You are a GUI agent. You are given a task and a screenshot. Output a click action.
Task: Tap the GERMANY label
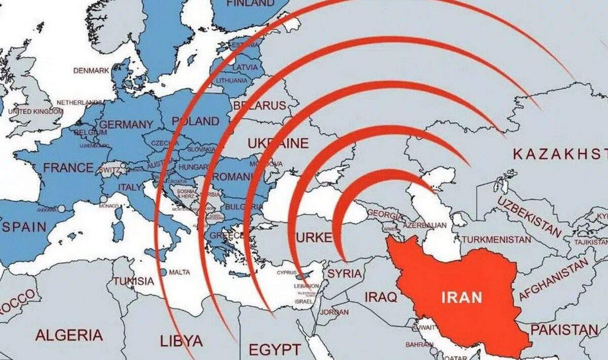[x=126, y=125]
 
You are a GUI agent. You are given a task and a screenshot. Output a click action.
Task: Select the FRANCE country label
[x=68, y=167]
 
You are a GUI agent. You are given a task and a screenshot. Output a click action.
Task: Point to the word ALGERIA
[x=69, y=335]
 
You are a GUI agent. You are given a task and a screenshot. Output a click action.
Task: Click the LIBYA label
[x=181, y=340]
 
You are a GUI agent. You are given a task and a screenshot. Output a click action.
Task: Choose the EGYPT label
[x=275, y=349]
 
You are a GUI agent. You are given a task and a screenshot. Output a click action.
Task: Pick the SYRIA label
[x=345, y=274]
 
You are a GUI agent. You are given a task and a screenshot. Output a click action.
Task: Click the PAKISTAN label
[x=564, y=331]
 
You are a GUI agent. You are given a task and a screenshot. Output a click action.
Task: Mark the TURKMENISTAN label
[x=497, y=239]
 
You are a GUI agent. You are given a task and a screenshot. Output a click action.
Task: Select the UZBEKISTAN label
[x=529, y=217]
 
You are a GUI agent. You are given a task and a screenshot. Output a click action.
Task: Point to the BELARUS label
[x=260, y=106]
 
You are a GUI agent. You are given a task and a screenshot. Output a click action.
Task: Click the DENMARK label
[x=91, y=70]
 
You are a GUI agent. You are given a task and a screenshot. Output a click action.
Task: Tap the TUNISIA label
[x=133, y=281]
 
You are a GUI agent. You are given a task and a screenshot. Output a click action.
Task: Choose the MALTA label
[x=179, y=272]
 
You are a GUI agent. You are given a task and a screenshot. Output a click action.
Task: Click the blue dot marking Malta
[x=163, y=272]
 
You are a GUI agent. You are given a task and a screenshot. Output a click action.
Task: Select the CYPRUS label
[x=287, y=273]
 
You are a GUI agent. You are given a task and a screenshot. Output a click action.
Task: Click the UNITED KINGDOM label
[x=36, y=111]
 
